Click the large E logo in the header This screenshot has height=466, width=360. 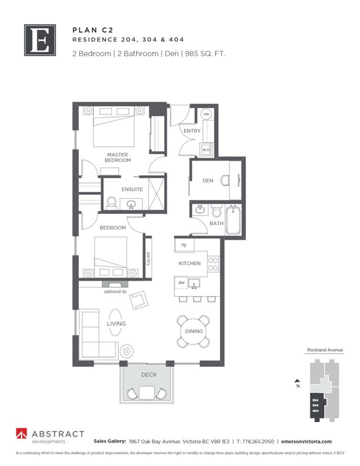[40, 39]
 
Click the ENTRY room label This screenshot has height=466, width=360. [192, 131]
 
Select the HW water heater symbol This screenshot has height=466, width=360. [206, 115]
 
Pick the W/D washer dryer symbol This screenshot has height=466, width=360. [206, 150]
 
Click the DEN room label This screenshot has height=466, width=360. [208, 181]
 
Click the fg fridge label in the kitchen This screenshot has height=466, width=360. [184, 245]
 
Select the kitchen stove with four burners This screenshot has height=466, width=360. [213, 263]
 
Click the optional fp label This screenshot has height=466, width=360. [115, 292]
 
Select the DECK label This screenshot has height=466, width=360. [148, 374]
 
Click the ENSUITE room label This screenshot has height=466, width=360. [131, 189]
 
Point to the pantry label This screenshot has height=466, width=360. [148, 258]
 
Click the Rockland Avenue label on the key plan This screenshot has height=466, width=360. [325, 350]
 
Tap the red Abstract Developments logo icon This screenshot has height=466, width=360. [21, 435]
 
